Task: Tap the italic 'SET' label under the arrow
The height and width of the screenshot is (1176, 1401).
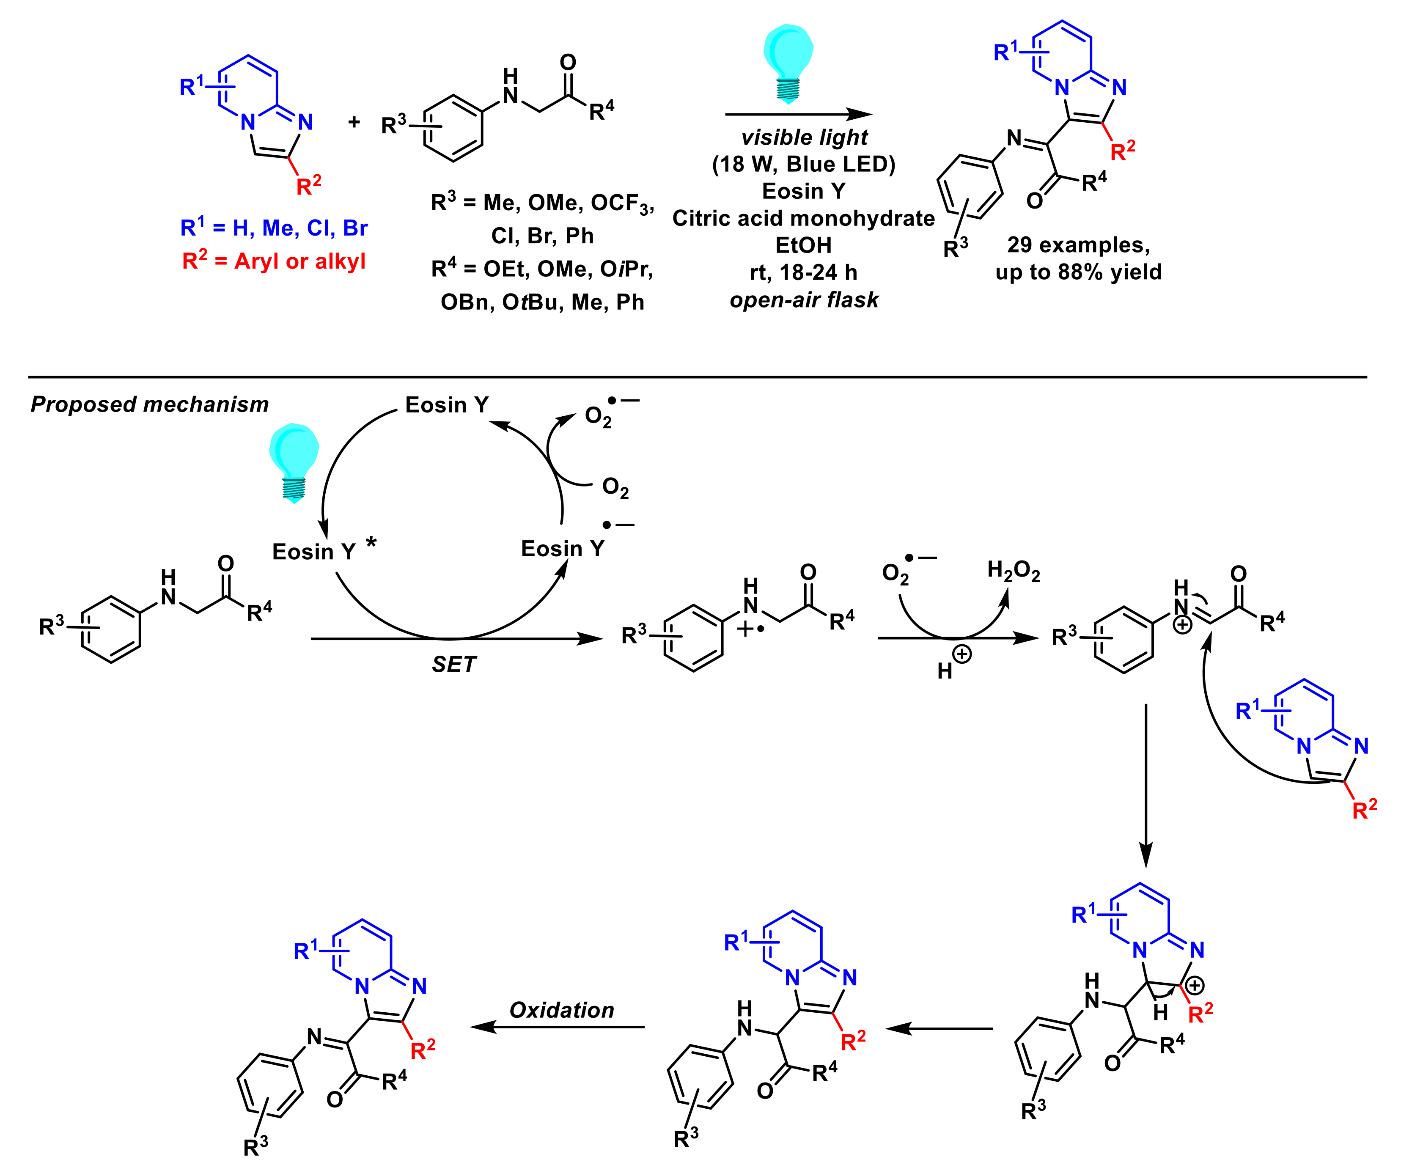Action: pyautogui.click(x=453, y=665)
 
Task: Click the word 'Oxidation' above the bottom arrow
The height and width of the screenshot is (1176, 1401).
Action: pyautogui.click(x=562, y=1010)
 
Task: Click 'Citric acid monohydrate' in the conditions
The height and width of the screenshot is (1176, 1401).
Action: pyautogui.click(x=803, y=218)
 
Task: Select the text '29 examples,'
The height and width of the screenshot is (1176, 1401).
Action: pyautogui.click(x=1079, y=245)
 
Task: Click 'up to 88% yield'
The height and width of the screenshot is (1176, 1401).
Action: pyautogui.click(x=1079, y=272)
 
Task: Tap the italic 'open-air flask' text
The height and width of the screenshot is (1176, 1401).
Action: pyautogui.click(x=804, y=300)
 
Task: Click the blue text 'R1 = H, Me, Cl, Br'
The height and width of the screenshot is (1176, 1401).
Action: pyautogui.click(x=274, y=228)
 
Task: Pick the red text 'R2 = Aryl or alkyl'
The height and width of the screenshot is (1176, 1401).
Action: pyautogui.click(x=274, y=261)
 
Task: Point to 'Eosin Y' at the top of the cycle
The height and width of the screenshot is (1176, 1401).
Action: pyautogui.click(x=447, y=405)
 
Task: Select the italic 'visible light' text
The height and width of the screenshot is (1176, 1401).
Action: pyautogui.click(x=804, y=137)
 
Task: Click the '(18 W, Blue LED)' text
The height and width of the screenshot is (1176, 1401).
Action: pyautogui.click(x=803, y=164)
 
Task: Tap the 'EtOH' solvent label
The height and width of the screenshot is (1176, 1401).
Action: pyautogui.click(x=803, y=245)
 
